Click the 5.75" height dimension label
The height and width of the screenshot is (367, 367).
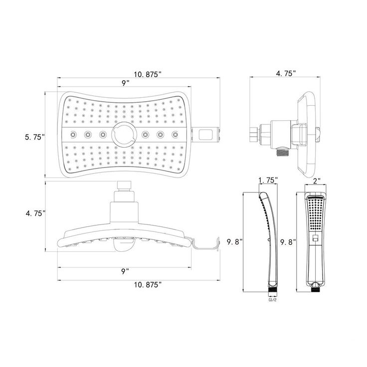34,137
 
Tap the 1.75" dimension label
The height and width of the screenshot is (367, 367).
268,180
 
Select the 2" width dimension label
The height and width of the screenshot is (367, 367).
317,181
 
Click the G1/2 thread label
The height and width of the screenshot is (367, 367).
272,300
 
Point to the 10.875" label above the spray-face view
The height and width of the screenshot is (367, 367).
148,74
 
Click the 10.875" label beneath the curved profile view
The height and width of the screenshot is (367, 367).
148,285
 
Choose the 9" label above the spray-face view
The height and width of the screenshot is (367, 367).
125,83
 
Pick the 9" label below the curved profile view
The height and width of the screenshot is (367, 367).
125,271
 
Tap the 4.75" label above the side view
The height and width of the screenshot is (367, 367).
286,73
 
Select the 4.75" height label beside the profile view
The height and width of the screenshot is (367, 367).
35,213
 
